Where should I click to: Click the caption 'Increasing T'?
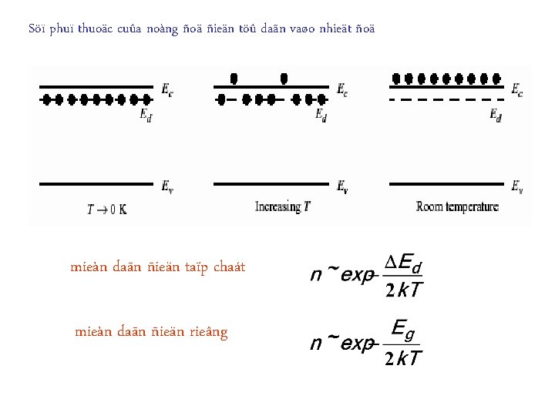(283, 206)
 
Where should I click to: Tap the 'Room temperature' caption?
(457, 206)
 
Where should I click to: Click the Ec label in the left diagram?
(167, 90)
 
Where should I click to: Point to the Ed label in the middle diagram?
(321, 115)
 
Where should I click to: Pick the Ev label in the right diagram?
(518, 186)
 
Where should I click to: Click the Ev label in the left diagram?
(167, 186)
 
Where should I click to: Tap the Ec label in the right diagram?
(516, 91)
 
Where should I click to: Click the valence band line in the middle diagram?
(271, 183)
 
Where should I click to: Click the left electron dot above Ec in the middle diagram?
(234, 78)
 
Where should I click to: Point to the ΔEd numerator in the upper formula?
(404, 263)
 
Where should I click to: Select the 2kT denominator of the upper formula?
(403, 290)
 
